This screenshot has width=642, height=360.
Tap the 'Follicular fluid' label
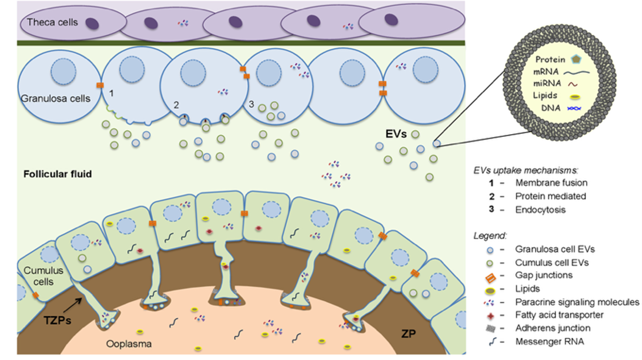point(58,174)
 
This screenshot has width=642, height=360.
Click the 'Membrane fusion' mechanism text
point(551,183)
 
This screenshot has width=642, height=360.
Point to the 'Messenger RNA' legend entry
point(549,342)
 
